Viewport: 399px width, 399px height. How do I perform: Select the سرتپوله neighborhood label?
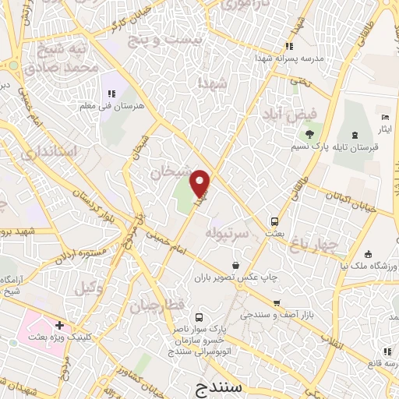coord(227,232)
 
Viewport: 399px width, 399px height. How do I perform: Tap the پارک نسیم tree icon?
coord(309,134)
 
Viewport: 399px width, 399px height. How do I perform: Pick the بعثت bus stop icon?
coord(274,221)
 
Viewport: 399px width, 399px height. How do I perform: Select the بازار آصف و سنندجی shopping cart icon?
coord(276,303)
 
